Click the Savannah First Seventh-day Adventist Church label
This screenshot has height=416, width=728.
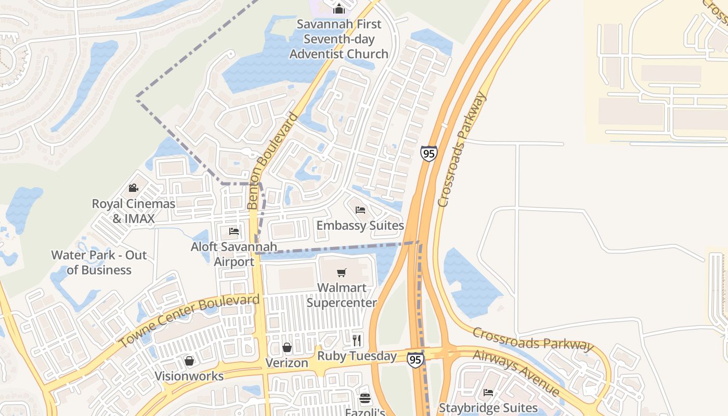coord(339,39)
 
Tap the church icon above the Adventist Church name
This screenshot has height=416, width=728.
coord(339,9)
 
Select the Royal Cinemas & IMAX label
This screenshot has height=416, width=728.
coord(134,211)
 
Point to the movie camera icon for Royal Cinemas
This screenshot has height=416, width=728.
coord(134,188)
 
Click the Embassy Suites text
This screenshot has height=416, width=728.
coord(360,225)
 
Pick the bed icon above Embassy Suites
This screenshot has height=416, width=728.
coord(360,210)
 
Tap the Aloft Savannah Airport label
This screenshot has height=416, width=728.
coord(234,254)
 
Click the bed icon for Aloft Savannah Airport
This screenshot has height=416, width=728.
coord(234,231)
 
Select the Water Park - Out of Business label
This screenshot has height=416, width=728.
coord(99,262)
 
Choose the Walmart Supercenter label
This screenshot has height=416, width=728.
coord(342,295)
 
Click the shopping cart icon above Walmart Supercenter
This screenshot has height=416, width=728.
coord(342,273)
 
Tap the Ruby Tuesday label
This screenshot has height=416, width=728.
coord(357,356)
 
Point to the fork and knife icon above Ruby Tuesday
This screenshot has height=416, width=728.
coord(357,341)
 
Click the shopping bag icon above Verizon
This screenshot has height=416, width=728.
coord(287,347)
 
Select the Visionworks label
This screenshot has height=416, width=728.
coord(189,376)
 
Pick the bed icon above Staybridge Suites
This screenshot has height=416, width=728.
coord(488,393)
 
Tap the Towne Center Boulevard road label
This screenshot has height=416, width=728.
coord(189,320)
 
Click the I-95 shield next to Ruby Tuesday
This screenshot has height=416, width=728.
coord(415,359)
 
